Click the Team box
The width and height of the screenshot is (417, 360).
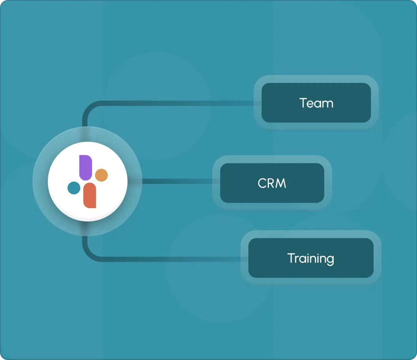316,103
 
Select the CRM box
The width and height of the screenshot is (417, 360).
272,183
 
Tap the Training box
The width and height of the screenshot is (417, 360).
310,258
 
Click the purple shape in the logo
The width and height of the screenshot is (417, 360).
85,167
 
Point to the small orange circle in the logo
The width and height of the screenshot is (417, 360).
101,175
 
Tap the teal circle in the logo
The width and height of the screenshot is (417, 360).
74,188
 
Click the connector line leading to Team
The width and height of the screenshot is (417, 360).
174,104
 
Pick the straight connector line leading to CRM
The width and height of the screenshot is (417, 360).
178,182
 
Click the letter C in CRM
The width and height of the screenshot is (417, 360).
262,184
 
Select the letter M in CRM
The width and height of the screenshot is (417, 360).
281,184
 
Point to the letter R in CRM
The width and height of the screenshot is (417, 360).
271,184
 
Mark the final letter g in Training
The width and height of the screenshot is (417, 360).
330,260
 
